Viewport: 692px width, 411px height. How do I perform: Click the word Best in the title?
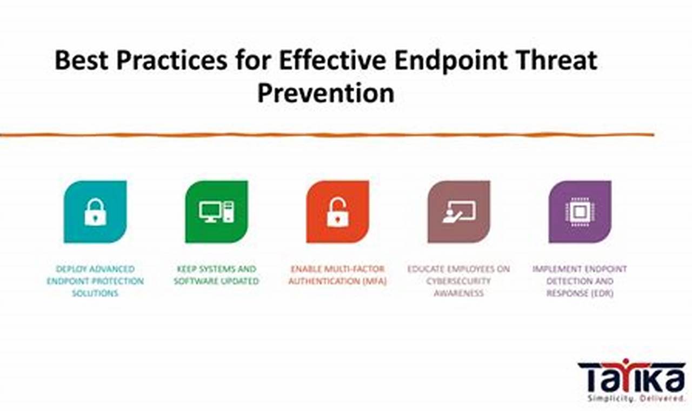[x=81, y=60]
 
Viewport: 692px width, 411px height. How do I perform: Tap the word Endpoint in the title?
[x=451, y=61]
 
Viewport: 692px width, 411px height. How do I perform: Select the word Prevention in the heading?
[x=326, y=92]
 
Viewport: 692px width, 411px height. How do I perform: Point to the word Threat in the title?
[x=556, y=60]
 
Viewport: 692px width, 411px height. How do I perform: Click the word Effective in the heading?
[x=332, y=60]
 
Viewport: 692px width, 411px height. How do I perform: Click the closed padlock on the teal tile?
[x=96, y=212]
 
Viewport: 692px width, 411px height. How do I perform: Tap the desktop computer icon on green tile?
[x=217, y=211]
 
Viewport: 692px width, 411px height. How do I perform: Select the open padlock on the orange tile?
[x=338, y=213]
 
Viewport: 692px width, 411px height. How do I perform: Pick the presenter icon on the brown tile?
[x=459, y=211]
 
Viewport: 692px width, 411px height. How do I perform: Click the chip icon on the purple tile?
[x=580, y=212]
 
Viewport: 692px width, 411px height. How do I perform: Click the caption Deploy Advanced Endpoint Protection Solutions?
[x=95, y=281]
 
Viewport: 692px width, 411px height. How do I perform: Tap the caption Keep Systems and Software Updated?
[x=216, y=275]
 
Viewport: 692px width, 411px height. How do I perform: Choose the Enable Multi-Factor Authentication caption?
[x=338, y=275]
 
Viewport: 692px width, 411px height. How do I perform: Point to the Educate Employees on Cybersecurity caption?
[x=459, y=281]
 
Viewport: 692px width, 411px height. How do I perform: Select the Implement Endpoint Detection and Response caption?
[x=580, y=281]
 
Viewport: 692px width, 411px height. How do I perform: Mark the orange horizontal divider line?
[x=327, y=135]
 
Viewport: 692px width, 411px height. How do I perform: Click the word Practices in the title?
[x=172, y=60]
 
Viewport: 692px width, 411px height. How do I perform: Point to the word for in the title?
[x=254, y=60]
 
